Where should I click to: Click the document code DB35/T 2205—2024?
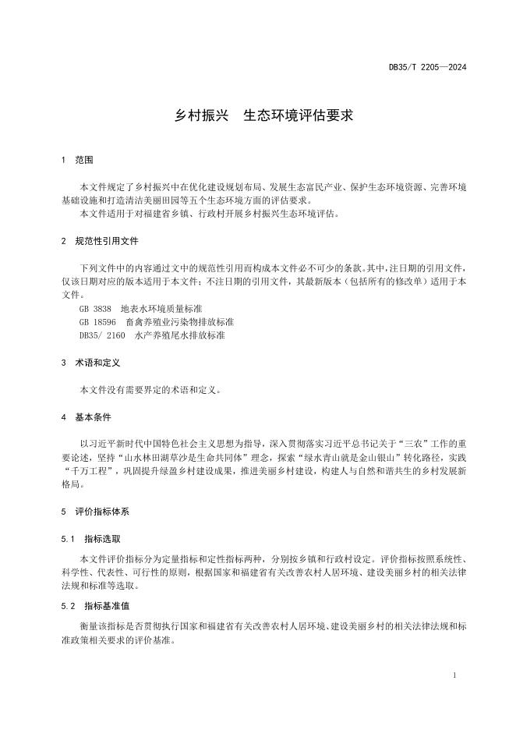point(428,68)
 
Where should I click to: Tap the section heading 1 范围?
point(77,160)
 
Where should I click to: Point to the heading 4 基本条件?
point(86,417)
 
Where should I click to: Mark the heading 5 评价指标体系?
point(95,512)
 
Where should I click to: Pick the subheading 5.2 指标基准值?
point(95,605)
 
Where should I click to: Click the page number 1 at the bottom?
point(454,675)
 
